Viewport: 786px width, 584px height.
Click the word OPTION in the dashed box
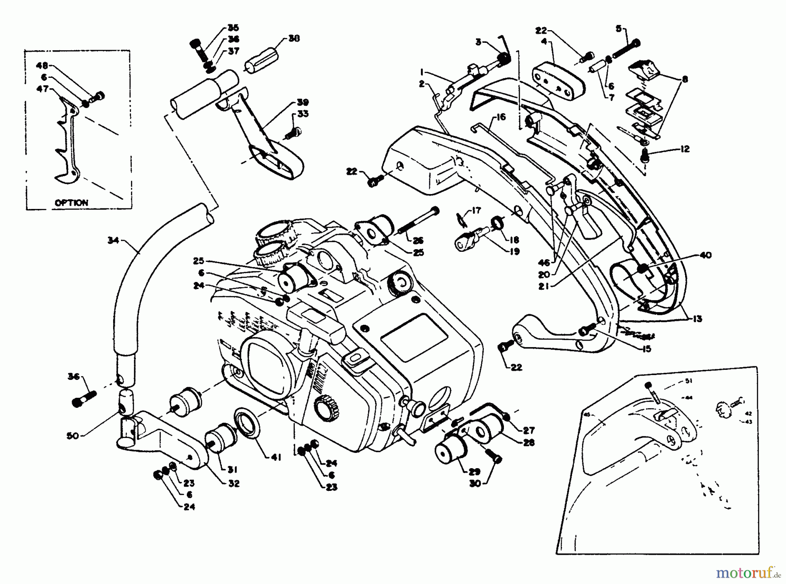[71, 203]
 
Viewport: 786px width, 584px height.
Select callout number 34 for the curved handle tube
[114, 240]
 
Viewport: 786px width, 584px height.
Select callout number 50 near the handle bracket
[73, 436]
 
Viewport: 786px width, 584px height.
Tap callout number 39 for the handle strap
[303, 102]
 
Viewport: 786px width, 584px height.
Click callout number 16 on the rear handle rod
[500, 117]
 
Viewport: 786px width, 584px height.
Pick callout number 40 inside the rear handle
[705, 255]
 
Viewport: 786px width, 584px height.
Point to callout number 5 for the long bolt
[618, 29]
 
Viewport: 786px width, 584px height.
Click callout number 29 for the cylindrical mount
[475, 472]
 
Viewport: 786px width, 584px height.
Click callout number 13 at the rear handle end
[697, 319]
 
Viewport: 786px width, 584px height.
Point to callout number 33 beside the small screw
[303, 114]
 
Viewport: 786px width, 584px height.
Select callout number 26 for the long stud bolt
[418, 240]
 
